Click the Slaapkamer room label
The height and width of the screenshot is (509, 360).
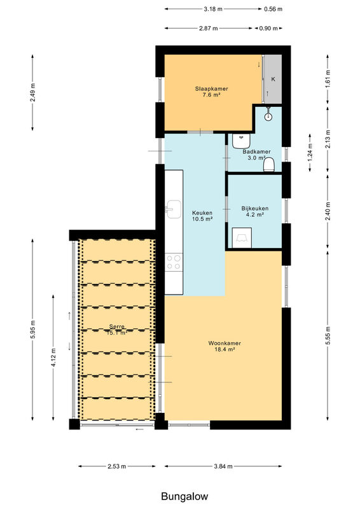click(x=211, y=88)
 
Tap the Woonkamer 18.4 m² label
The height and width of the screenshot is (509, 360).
click(x=225, y=346)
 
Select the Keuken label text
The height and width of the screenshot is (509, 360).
click(x=202, y=213)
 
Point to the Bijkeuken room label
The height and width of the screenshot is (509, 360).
click(x=255, y=209)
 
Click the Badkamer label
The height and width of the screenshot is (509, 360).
click(x=256, y=151)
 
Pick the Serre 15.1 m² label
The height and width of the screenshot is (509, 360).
click(x=117, y=330)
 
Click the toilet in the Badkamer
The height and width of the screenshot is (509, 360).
click(x=269, y=165)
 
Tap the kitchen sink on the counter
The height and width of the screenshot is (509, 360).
click(x=174, y=209)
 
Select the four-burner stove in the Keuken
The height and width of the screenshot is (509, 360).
click(x=174, y=262)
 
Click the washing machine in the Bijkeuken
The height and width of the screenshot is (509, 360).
click(x=242, y=238)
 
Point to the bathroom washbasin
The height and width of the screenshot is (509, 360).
click(x=241, y=141)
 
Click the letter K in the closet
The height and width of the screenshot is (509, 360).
click(x=273, y=79)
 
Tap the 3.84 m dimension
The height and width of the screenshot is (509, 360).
click(x=223, y=466)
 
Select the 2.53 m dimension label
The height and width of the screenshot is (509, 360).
click(x=117, y=466)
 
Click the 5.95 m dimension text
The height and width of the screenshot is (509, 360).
click(x=33, y=330)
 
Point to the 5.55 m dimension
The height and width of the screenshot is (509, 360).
click(x=328, y=335)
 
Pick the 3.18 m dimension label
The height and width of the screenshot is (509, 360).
click(x=213, y=9)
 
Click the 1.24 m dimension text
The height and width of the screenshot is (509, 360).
click(x=310, y=153)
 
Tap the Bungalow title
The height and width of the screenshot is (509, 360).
click(x=184, y=496)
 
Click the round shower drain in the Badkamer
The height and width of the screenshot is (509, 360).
click(x=268, y=116)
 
